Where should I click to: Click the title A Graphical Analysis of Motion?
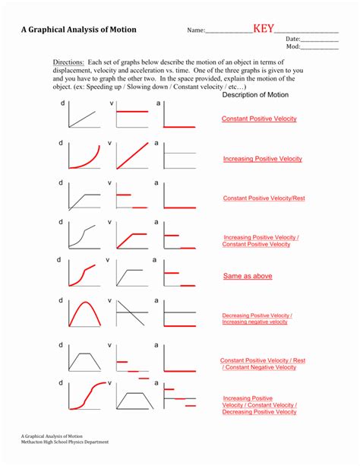[x=79, y=30]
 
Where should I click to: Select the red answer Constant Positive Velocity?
[x=259, y=119]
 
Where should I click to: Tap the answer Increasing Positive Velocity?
[x=262, y=159]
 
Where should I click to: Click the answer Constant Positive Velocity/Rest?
[x=264, y=198]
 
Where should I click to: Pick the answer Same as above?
[x=248, y=276]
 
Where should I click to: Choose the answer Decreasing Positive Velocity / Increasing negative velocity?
[x=257, y=319]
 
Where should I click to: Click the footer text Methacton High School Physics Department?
[x=65, y=442]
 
